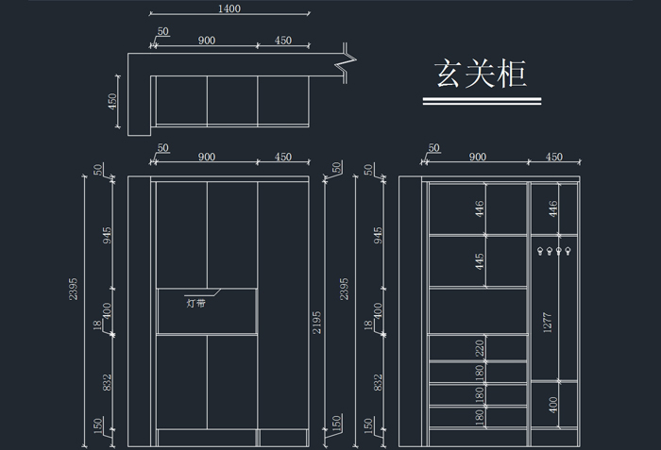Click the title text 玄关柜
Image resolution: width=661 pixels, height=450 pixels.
(x=479, y=73)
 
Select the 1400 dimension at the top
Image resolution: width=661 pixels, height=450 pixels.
(x=229, y=8)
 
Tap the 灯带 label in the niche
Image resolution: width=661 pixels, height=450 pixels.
(x=196, y=303)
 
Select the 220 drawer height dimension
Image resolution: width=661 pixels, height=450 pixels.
(x=480, y=348)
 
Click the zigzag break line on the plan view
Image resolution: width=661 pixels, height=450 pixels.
(x=347, y=62)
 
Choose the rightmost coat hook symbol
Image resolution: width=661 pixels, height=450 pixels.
(x=571, y=252)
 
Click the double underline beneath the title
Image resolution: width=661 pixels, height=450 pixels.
(x=481, y=102)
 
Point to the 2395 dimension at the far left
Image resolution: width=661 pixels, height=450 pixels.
(x=74, y=289)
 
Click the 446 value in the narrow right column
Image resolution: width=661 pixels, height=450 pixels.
(x=553, y=209)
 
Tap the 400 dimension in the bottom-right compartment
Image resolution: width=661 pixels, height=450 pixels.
(x=553, y=405)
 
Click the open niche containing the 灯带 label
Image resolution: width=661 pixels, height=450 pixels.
(x=207, y=310)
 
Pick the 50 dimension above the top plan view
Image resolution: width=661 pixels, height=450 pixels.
(x=162, y=32)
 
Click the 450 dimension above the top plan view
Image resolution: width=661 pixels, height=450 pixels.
(x=283, y=41)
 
